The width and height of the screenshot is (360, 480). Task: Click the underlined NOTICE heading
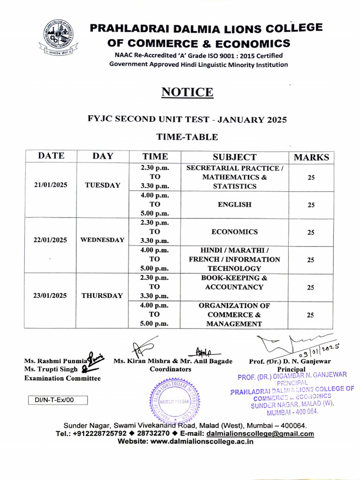tap(187, 92)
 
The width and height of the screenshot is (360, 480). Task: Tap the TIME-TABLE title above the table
tap(187, 137)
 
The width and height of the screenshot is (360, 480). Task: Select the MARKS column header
tap(311, 157)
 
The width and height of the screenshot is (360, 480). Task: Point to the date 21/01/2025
tap(51, 185)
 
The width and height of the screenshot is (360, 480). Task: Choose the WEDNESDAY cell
tap(103, 240)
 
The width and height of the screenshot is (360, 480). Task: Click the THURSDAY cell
tap(103, 296)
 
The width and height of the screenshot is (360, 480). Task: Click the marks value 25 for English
tap(311, 205)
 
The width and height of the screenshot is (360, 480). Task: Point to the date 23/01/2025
tap(51, 296)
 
